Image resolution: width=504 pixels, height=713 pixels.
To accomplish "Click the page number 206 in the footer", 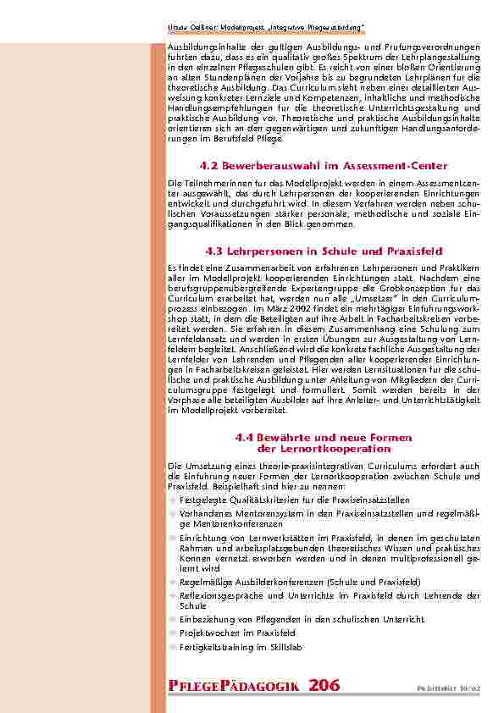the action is click(325, 685).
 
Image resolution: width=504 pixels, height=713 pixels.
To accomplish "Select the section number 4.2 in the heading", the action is click(211, 166).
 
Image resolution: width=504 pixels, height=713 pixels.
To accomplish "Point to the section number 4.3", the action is click(216, 251).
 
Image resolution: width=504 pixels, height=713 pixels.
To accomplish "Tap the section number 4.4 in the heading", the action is click(245, 437).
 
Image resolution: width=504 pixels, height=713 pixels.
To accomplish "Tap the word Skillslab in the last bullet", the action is click(284, 647).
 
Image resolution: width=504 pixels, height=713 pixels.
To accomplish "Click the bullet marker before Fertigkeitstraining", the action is click(172, 647).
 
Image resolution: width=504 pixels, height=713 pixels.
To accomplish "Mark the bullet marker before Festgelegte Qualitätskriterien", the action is click(172, 500).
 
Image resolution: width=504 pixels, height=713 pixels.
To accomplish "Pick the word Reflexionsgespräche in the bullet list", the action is click(220, 595).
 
